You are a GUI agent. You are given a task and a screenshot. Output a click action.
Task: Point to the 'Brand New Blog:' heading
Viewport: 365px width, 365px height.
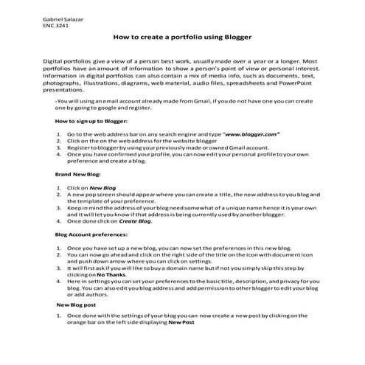click(x=77, y=174)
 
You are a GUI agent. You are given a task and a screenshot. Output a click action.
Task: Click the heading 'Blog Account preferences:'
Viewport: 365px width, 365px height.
click(x=92, y=234)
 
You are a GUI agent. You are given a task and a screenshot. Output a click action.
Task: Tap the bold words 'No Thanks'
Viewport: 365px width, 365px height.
click(x=100, y=274)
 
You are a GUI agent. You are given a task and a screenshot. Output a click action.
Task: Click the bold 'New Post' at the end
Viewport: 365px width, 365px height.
click(x=181, y=323)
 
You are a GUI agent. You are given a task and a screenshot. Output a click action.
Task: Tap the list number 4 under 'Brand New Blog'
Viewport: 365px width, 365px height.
click(x=58, y=221)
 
